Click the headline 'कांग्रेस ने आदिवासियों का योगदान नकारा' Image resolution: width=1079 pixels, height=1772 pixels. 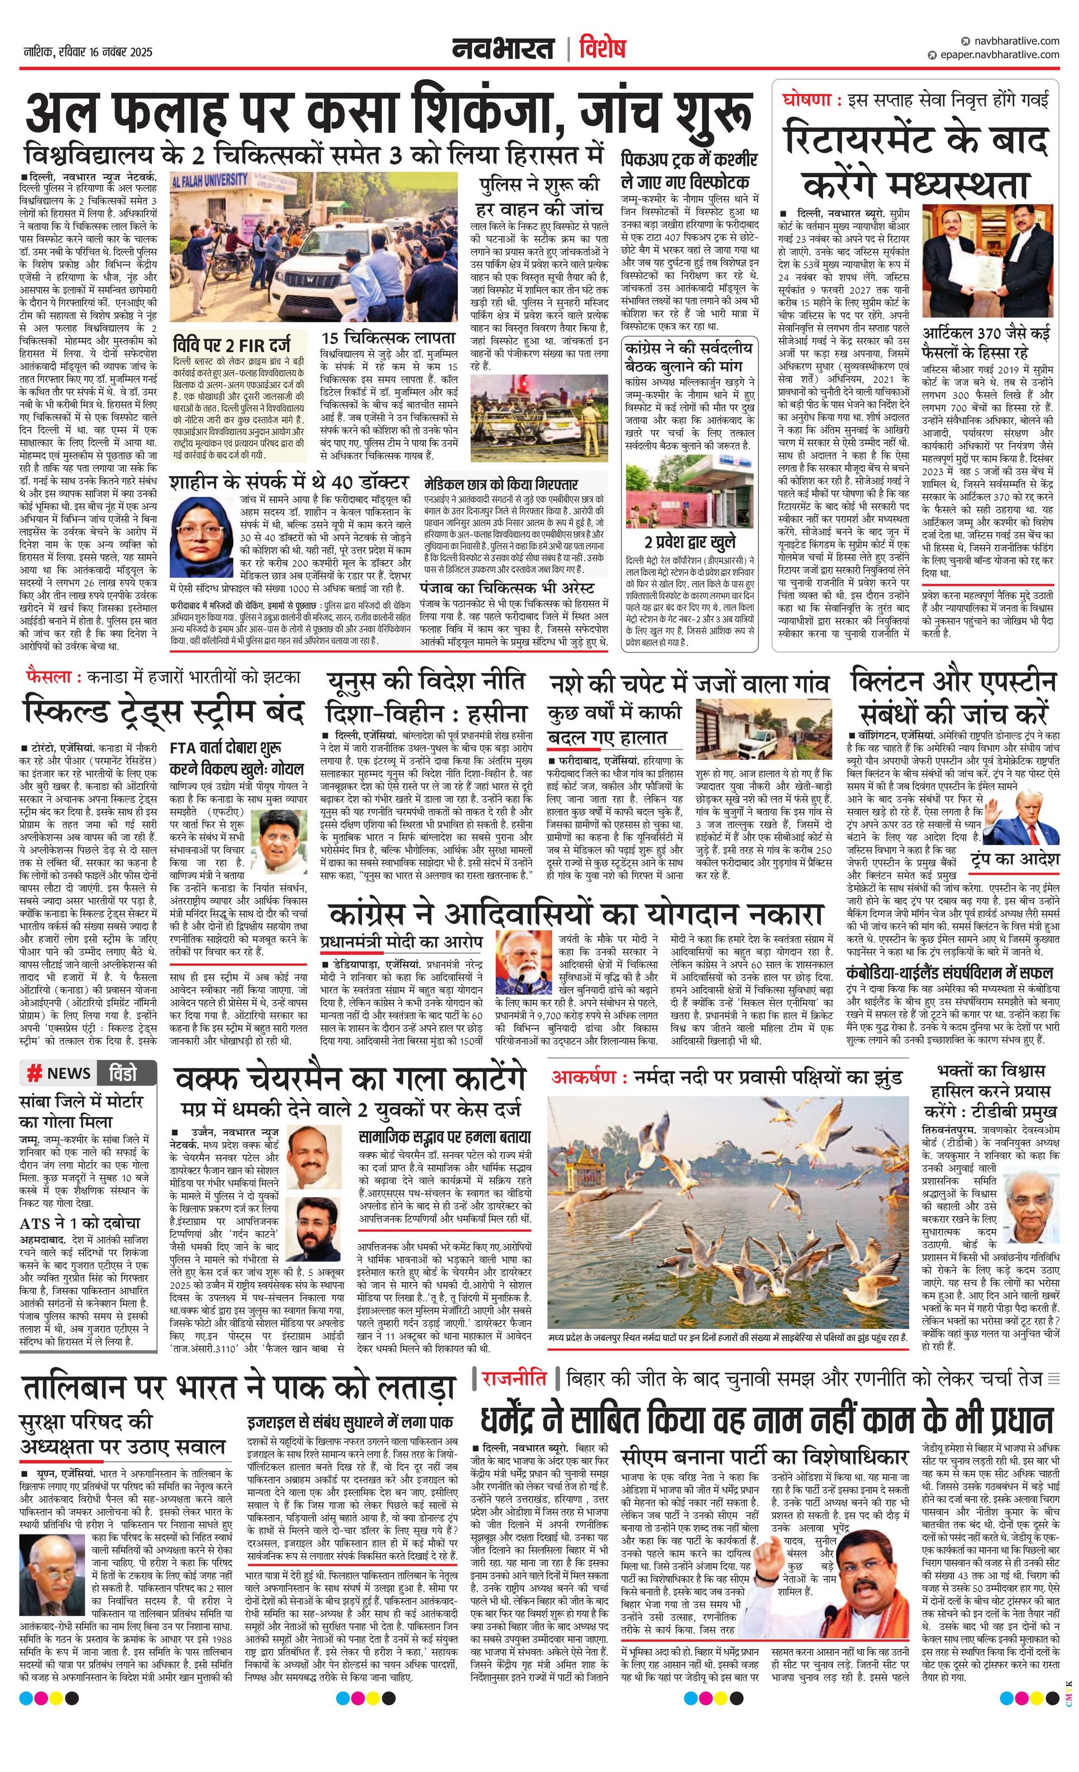575,916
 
